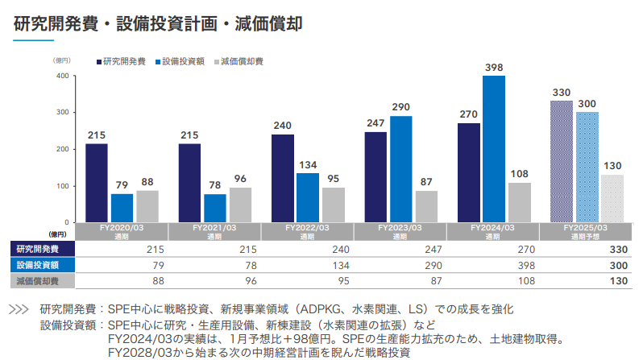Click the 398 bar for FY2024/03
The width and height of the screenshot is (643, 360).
[x=494, y=149]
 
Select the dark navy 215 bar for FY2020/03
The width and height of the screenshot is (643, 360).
[x=96, y=183]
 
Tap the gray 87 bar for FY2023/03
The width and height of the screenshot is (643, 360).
[x=426, y=206]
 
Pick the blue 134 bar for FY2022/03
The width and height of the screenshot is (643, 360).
[x=308, y=197]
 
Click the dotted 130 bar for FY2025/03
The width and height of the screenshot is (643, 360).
[x=612, y=198]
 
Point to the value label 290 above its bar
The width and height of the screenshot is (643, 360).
[x=400, y=107]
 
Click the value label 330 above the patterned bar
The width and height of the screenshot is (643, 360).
[x=562, y=92]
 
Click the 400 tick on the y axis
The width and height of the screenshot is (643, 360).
[x=61, y=76]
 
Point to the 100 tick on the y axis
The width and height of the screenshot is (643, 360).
[x=61, y=186]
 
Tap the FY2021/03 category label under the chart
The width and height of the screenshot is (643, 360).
[x=214, y=229]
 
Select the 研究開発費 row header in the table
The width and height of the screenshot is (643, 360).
[x=43, y=249]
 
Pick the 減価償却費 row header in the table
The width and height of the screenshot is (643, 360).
[x=43, y=280]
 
